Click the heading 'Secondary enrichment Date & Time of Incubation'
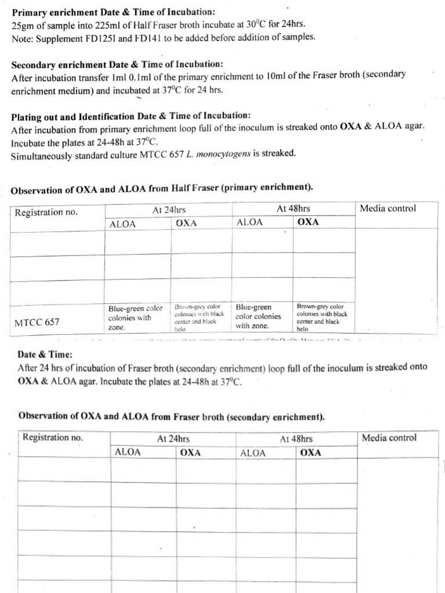tap(117, 64)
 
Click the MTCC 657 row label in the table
tap(37, 322)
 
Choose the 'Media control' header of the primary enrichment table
tap(388, 208)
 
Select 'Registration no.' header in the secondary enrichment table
tap(53, 437)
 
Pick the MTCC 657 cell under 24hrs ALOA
tap(136, 317)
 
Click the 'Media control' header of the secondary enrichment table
tap(389, 438)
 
